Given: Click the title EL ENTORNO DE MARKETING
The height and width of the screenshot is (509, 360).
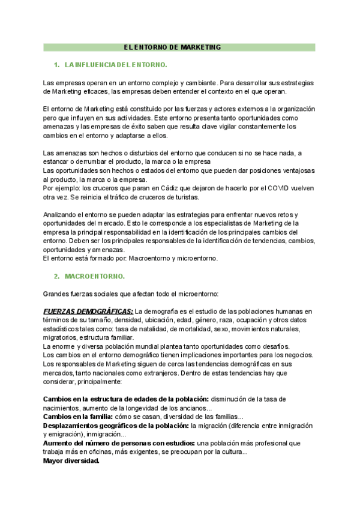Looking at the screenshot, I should click(x=172, y=47).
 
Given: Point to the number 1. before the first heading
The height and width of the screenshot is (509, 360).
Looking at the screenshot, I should click(x=56, y=64).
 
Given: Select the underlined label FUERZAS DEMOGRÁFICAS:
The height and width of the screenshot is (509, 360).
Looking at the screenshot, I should click(x=88, y=312).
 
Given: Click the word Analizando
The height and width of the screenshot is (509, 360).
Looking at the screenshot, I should click(x=62, y=215).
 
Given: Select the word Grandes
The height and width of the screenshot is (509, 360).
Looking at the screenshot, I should click(x=57, y=294).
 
